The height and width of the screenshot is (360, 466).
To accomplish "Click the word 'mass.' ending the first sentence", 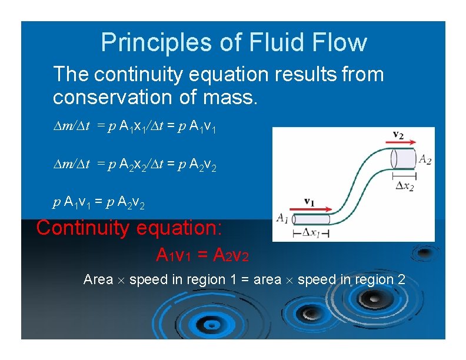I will [232, 96].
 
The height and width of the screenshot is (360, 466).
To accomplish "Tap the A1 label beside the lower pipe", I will [283, 219].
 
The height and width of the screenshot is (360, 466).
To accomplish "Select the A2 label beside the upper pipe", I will [424, 158].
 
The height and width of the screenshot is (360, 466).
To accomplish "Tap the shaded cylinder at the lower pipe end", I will [311, 219].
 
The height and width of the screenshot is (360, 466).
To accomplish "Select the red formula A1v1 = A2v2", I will [202, 255].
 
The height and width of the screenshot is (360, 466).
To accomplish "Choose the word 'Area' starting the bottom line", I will [98, 279].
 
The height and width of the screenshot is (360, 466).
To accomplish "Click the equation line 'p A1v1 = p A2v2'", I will [99, 204].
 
